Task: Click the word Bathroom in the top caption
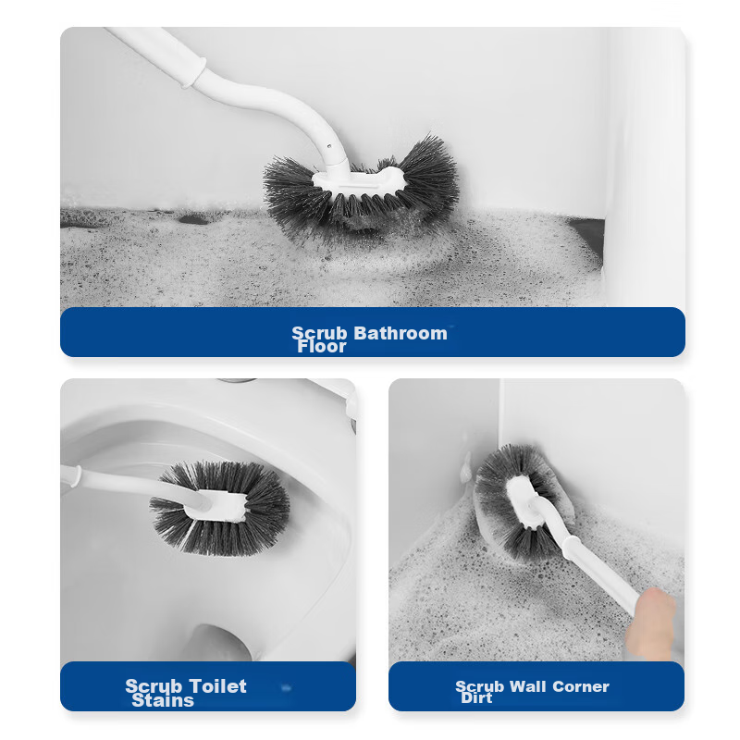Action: point(401,333)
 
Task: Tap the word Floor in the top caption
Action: point(322,346)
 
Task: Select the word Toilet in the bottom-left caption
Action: point(218,686)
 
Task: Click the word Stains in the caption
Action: point(163,700)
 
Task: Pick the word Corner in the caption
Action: point(581,686)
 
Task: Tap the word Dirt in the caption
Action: point(476,697)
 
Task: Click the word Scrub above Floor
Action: point(319,333)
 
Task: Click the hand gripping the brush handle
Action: point(651,623)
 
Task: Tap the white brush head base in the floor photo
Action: point(359,181)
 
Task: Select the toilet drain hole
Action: point(219,643)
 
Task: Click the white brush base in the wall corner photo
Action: point(524,502)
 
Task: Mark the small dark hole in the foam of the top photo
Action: point(192,219)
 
